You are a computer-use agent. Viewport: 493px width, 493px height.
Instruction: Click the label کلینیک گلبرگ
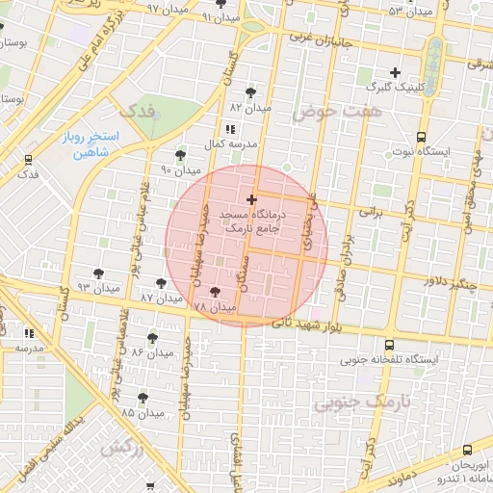396,88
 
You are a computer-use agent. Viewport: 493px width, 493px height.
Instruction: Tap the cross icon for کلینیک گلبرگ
395,72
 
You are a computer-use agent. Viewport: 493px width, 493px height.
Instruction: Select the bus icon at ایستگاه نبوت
421,137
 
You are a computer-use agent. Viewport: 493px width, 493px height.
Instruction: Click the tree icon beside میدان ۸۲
251,92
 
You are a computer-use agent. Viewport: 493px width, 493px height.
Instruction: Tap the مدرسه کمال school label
229,143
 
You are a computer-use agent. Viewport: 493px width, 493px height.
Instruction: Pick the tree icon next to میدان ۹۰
180,154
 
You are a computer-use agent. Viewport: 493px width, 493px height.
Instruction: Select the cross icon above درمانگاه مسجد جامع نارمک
252,199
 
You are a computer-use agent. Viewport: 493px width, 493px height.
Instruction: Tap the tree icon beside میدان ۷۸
214,291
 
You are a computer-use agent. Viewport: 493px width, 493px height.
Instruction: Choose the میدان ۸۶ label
151,352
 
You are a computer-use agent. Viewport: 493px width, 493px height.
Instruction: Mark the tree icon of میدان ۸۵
143,397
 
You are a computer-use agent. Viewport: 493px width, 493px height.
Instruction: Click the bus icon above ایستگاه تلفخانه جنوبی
389,345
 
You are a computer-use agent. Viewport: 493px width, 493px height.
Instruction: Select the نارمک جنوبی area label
362,401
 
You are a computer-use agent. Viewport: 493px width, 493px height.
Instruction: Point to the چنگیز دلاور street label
450,281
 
